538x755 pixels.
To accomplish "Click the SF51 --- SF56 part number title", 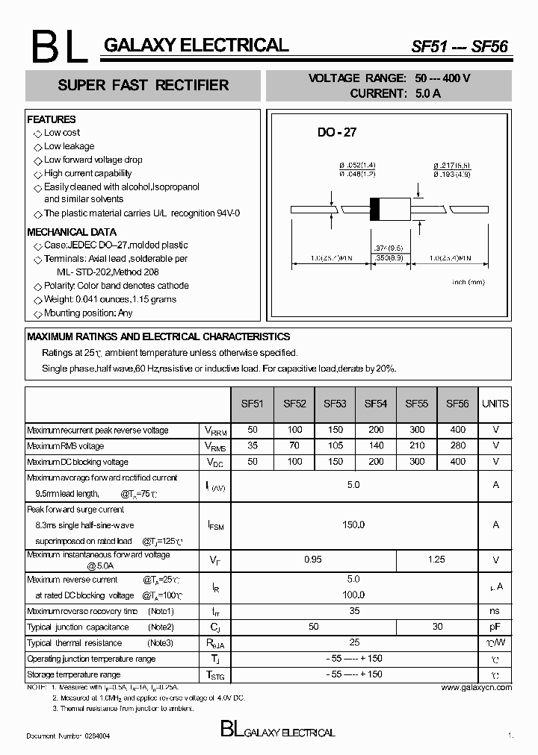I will (x=460, y=46).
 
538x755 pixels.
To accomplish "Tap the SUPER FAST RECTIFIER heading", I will (x=143, y=85).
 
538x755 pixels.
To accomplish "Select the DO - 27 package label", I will (x=337, y=132).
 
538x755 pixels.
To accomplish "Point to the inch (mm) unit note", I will (x=469, y=282).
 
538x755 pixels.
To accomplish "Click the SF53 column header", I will (x=335, y=404).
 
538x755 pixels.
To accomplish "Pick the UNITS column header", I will (x=495, y=404).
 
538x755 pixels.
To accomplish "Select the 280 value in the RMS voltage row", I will (x=457, y=445).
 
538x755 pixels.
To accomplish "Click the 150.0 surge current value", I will (x=353, y=524).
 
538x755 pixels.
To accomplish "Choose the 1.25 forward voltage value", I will (x=436, y=560).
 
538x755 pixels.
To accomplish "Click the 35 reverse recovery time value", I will (x=353, y=611).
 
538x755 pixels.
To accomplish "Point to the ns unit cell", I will (x=495, y=611).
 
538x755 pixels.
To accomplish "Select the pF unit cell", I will (x=495, y=627).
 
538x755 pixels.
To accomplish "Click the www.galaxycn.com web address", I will (x=476, y=687).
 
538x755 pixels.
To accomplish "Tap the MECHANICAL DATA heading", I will (x=72, y=232).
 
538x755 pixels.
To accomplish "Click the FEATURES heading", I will (x=52, y=119).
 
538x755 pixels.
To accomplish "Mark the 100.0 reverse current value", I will (x=353, y=595).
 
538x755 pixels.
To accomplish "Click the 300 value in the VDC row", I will (x=417, y=461).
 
